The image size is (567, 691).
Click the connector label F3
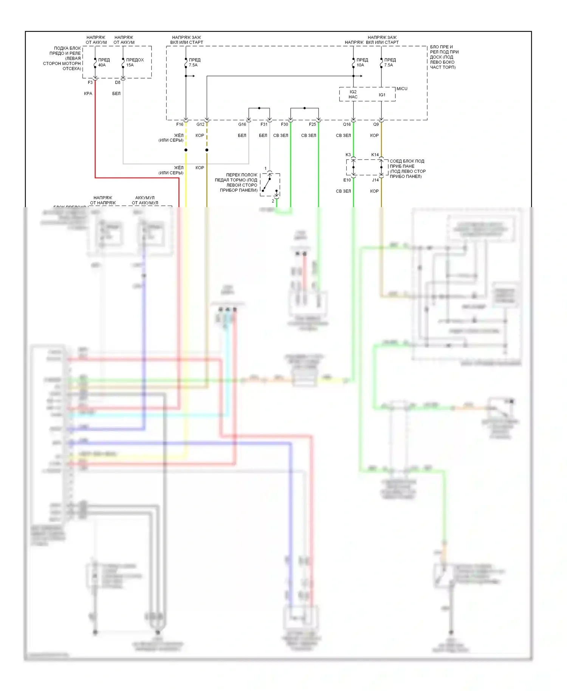tap(90, 82)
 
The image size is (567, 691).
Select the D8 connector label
tap(118, 82)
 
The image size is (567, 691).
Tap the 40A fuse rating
tap(102, 65)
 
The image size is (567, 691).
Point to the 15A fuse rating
tap(130, 65)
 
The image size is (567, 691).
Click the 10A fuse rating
tap(360, 65)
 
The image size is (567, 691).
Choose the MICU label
tap(402, 88)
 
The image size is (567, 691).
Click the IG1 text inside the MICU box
tap(382, 95)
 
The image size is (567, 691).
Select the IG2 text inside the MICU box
tap(353, 92)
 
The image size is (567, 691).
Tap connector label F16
tap(180, 124)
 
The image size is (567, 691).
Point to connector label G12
tap(200, 124)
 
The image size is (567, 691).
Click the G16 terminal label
tap(242, 124)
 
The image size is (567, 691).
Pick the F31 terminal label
tap(264, 124)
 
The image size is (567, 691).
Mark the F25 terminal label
tap(312, 124)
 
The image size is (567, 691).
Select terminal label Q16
tap(347, 124)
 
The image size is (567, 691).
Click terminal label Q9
tap(376, 124)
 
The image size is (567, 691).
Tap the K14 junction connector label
tap(375, 155)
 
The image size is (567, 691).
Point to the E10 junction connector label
tap(347, 180)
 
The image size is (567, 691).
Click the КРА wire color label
tap(88, 93)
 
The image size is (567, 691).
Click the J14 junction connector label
tap(375, 180)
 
